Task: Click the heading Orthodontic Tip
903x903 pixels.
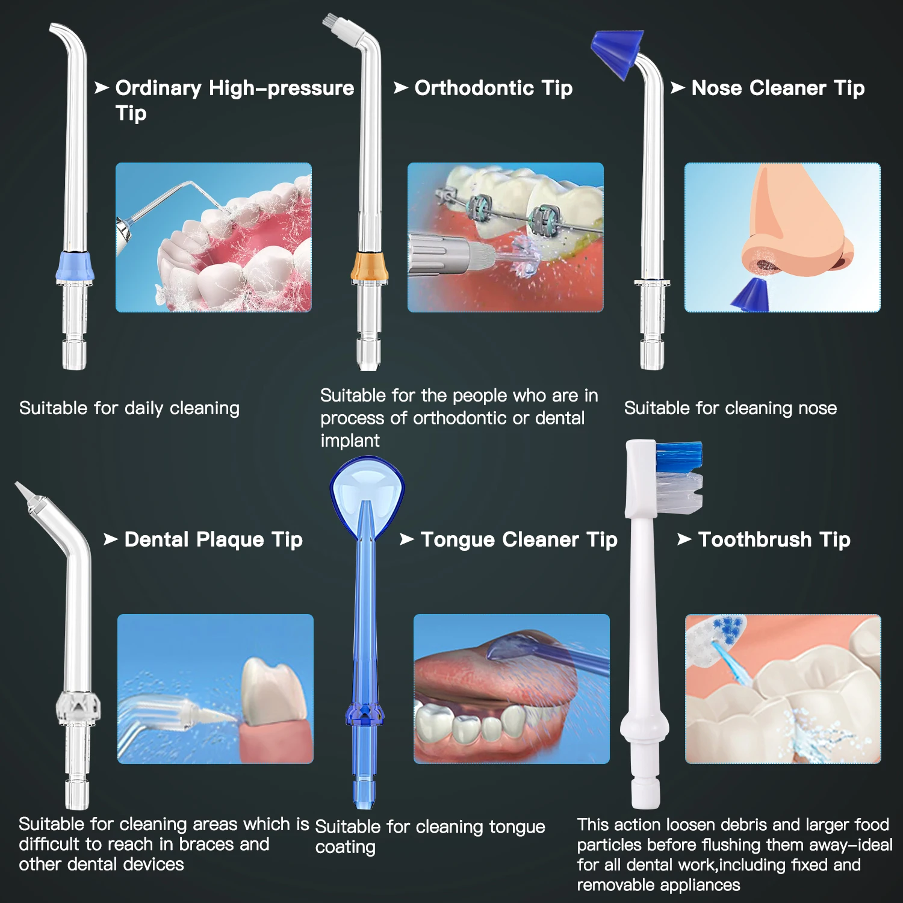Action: coord(493,88)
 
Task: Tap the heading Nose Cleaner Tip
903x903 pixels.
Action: coord(777,88)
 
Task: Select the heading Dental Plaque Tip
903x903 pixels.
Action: coord(213,540)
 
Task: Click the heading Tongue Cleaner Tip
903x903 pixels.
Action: coord(518,540)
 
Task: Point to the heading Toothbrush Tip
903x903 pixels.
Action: coord(774,540)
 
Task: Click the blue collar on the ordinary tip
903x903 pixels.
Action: coord(75,267)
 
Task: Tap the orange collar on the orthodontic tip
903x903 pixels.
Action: coord(370,267)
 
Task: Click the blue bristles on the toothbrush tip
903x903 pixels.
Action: coord(679,456)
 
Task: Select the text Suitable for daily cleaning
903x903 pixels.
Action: coord(129,408)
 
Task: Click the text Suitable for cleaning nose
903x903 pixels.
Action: coord(730,408)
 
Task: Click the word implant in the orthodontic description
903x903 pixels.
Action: coord(350,441)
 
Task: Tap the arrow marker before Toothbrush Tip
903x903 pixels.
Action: coord(684,539)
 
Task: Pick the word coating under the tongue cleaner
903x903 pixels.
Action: coord(346,847)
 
